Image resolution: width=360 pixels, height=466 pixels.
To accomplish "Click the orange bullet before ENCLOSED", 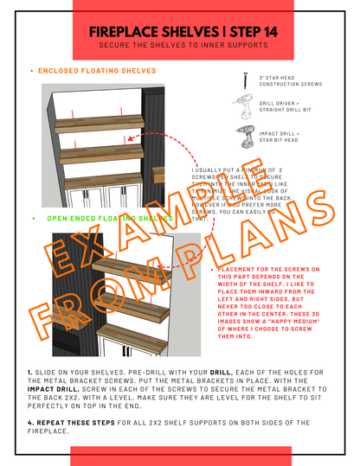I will click(31, 71).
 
